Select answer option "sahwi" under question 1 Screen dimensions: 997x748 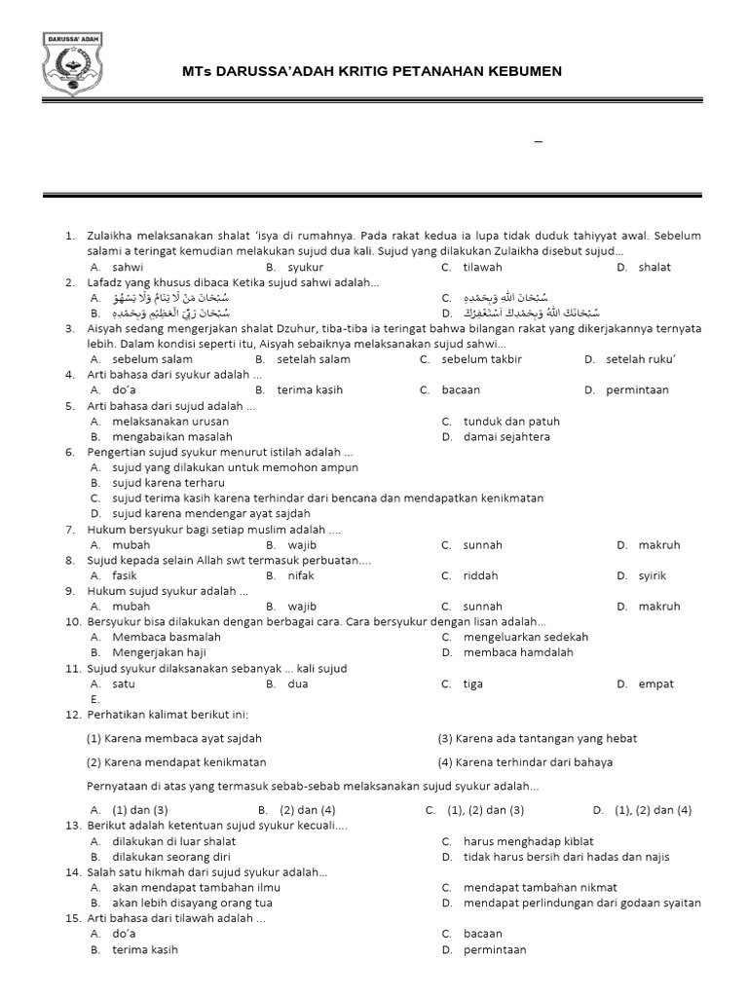(128, 267)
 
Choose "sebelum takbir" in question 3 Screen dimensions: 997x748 (481, 359)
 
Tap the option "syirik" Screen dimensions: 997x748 (653, 575)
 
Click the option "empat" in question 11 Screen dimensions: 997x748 (655, 683)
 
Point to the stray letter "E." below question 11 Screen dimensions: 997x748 (95, 699)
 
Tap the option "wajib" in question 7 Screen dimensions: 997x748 (302, 545)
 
